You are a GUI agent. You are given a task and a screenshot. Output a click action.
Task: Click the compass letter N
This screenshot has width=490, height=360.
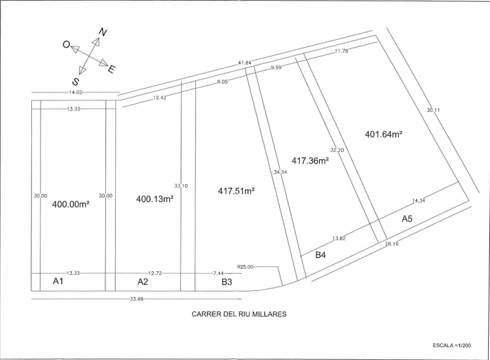(103, 32)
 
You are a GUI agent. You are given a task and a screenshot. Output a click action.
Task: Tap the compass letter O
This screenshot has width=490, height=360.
(66, 45)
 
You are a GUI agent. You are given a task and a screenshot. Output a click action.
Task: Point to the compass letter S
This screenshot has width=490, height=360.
(75, 81)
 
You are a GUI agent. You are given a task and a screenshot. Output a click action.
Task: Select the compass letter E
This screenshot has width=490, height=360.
(111, 69)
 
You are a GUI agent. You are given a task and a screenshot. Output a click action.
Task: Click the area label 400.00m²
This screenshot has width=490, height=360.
(71, 204)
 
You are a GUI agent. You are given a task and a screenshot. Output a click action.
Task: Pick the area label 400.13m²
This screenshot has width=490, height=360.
(155, 199)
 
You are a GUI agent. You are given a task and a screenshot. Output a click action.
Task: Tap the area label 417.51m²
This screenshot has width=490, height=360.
(236, 190)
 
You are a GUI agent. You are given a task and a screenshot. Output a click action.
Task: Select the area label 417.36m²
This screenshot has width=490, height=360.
(311, 160)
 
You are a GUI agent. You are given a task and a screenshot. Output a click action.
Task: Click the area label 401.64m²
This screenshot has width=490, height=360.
(384, 134)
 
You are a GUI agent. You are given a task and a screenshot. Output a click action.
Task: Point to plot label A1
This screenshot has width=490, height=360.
(58, 281)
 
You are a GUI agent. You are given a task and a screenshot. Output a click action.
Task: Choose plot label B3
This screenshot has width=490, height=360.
(227, 282)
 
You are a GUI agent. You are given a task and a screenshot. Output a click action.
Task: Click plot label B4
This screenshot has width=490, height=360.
(320, 255)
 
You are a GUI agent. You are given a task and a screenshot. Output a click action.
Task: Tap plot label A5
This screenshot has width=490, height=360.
(407, 219)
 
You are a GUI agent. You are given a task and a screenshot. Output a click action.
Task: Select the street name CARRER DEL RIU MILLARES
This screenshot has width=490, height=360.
(239, 314)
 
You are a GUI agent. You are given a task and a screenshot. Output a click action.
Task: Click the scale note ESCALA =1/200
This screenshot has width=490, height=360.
(452, 345)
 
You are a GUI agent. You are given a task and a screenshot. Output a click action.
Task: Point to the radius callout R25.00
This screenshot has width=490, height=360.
(246, 267)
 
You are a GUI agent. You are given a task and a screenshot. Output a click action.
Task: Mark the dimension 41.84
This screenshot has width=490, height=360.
(244, 62)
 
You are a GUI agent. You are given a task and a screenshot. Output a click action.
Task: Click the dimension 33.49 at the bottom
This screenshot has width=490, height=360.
(137, 299)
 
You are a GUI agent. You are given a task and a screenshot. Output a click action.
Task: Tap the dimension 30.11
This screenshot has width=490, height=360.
(434, 110)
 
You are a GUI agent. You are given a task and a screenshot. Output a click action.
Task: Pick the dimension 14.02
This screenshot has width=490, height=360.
(76, 92)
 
